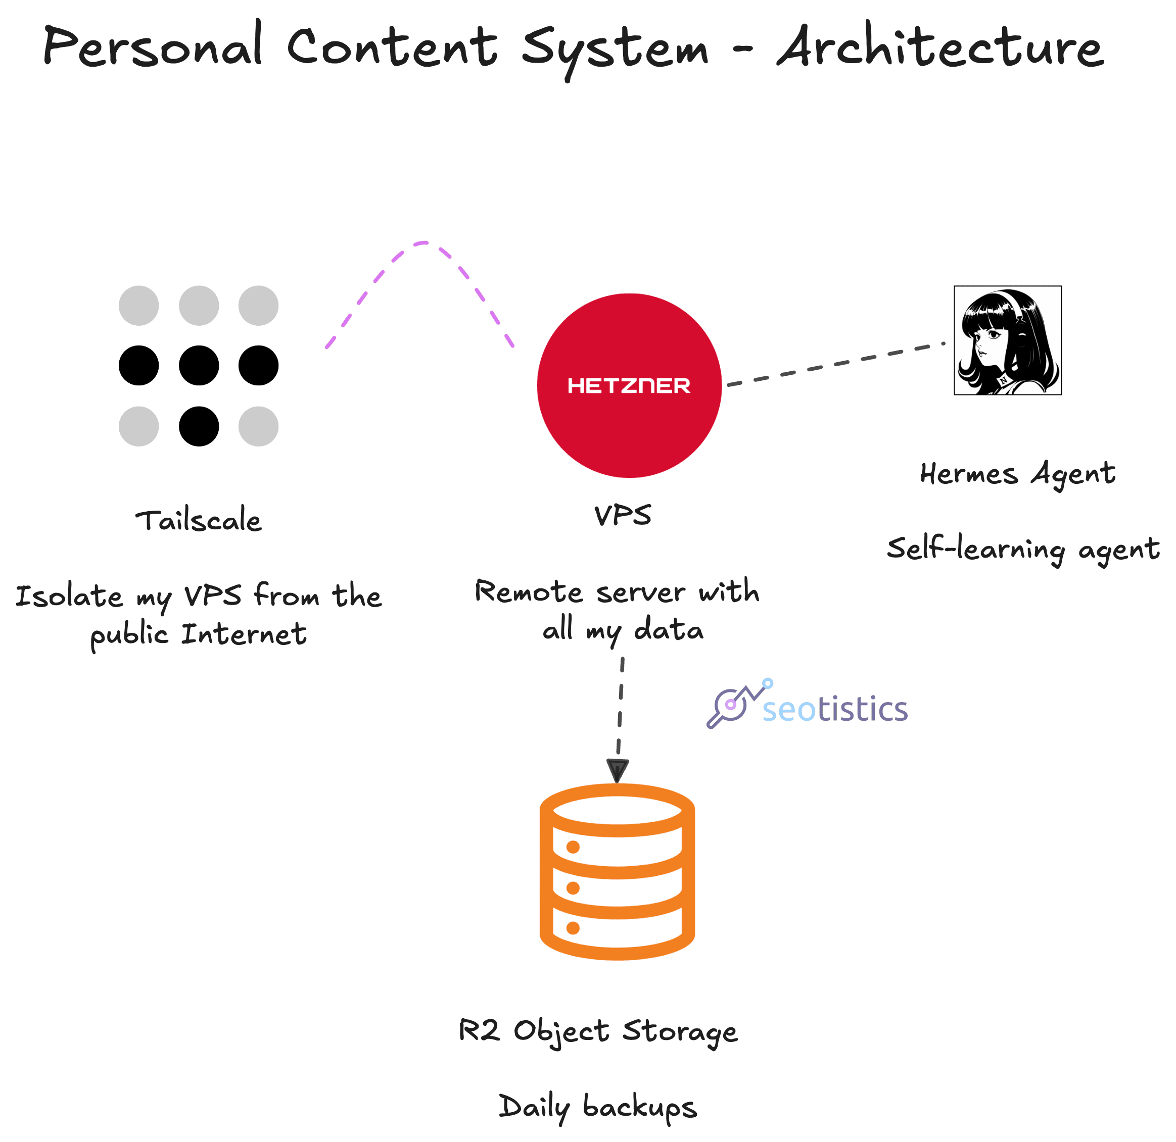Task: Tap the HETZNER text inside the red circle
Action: click(629, 386)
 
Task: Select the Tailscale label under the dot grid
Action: click(199, 520)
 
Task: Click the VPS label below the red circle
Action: click(623, 515)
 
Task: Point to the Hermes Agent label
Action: click(1018, 474)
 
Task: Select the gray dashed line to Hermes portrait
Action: click(836, 364)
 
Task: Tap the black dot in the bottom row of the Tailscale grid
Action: click(199, 426)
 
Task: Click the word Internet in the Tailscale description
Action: click(244, 634)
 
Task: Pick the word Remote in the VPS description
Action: click(529, 592)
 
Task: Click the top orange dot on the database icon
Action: click(573, 847)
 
